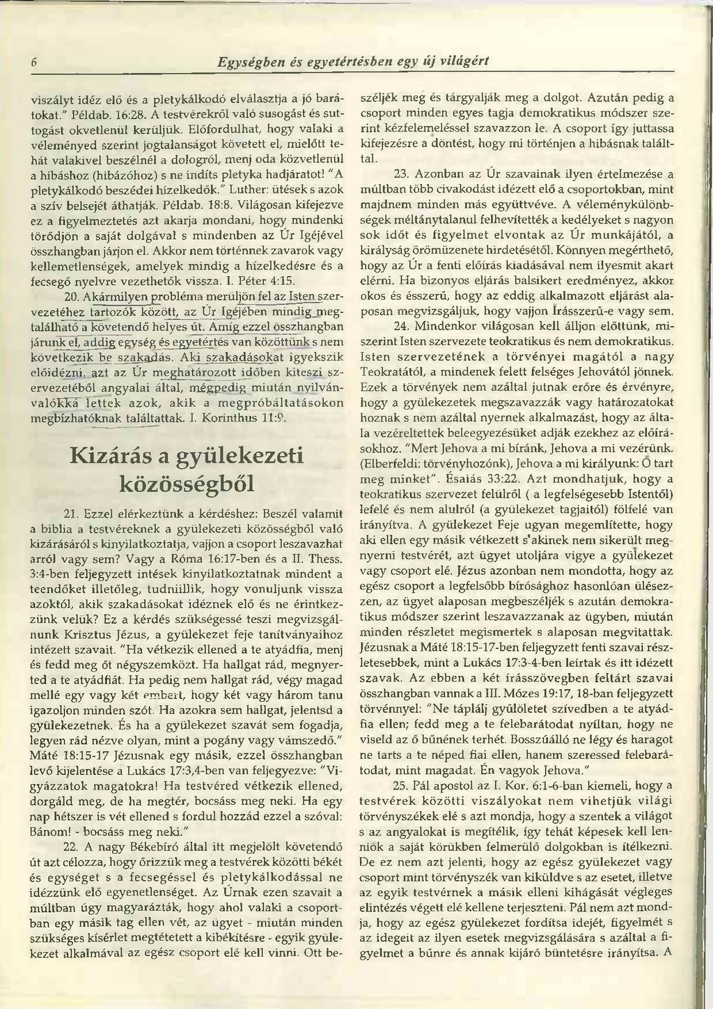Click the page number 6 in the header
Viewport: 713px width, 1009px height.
33,62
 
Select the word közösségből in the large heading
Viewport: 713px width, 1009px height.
187,484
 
